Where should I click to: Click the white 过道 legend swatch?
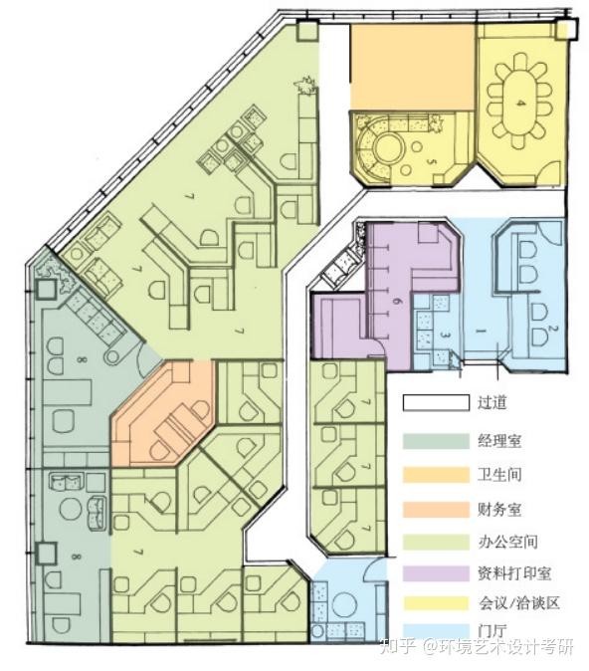point(435,403)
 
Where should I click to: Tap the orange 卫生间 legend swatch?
point(435,475)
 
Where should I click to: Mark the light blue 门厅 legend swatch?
point(435,634)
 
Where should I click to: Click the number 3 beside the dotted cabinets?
point(447,339)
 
